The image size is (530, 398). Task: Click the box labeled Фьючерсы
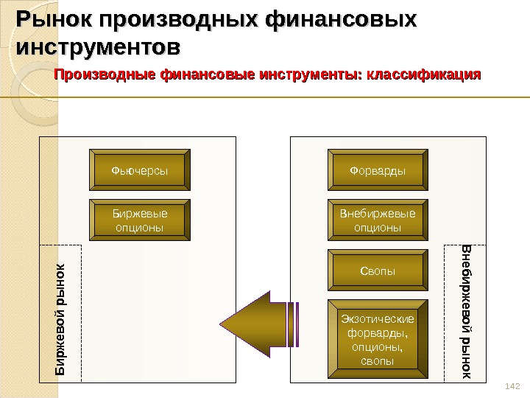[139, 171]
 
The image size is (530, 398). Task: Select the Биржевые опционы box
[139, 220]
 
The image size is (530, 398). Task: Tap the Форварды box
[378, 171]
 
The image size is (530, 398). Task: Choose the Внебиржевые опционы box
[378, 220]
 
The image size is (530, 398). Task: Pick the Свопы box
[378, 270]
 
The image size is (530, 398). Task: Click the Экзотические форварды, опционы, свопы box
[378, 340]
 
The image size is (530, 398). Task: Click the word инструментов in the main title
[96, 49]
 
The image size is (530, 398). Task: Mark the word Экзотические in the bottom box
[378, 319]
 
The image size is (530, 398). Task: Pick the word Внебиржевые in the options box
[378, 214]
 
